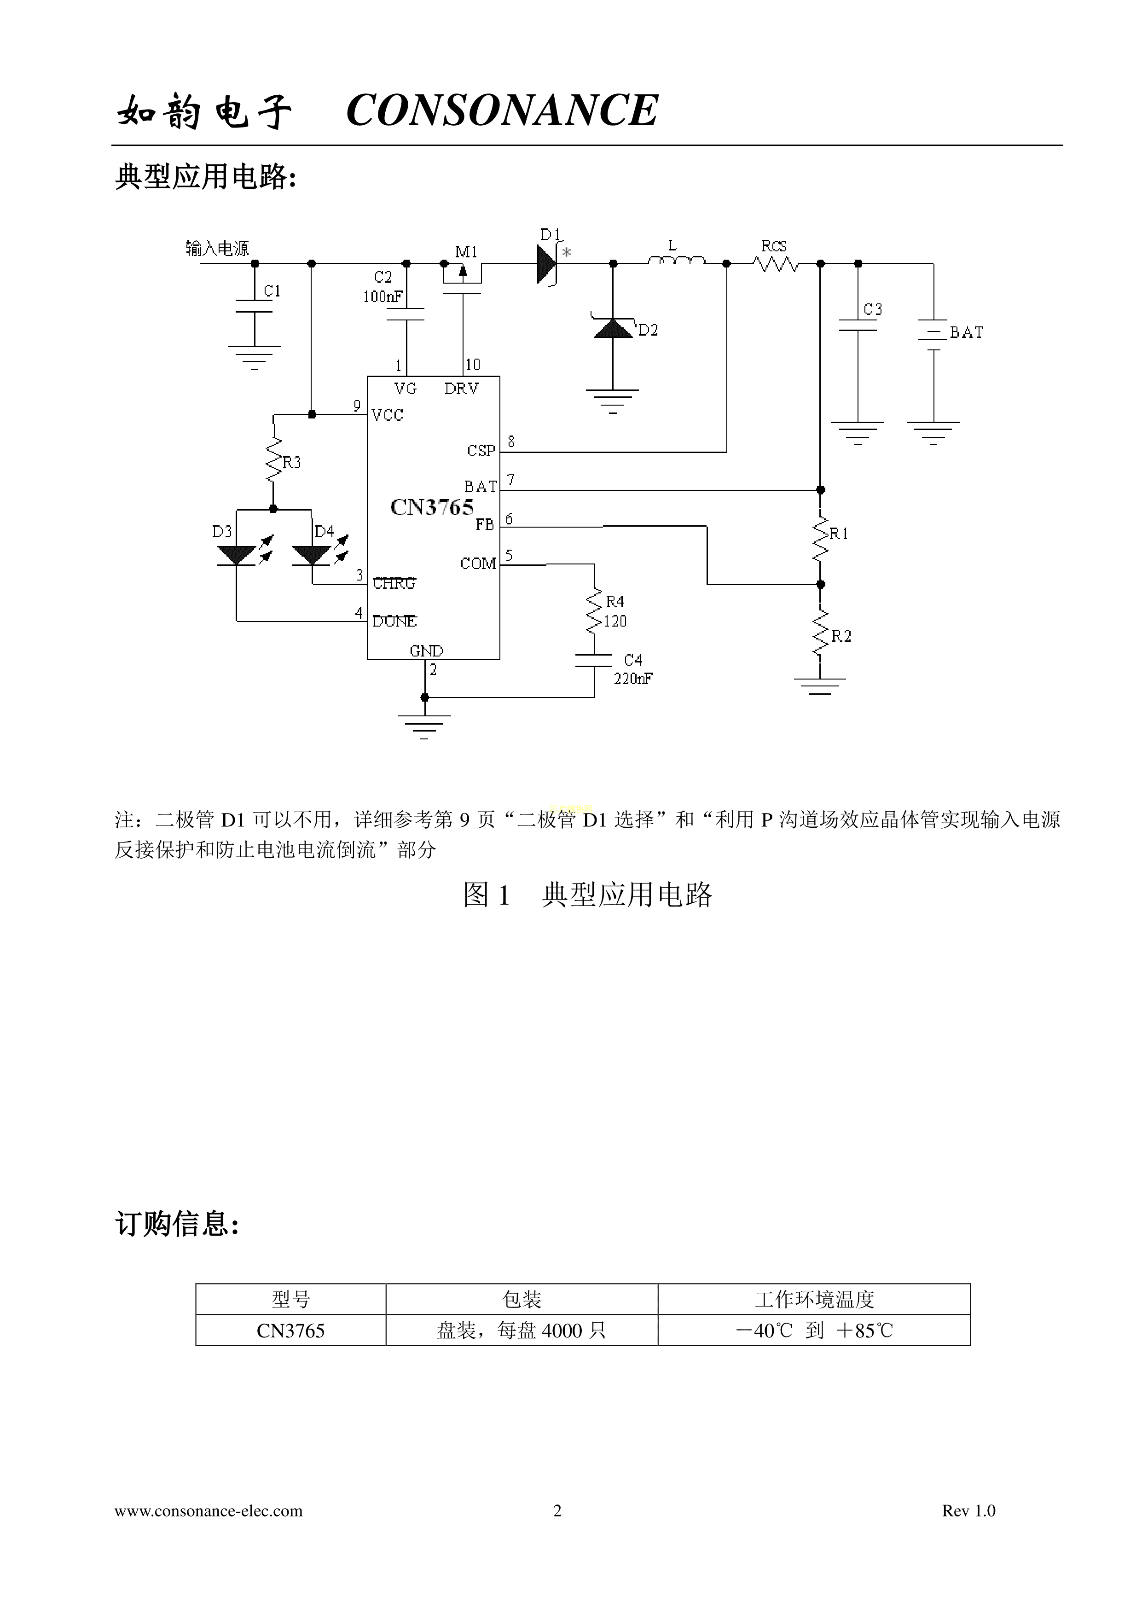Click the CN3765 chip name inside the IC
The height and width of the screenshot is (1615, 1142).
click(432, 507)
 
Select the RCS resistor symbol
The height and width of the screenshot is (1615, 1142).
click(775, 264)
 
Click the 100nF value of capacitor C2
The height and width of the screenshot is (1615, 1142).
click(383, 297)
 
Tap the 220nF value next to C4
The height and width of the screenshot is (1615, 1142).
click(633, 679)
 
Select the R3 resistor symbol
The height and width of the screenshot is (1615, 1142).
click(273, 461)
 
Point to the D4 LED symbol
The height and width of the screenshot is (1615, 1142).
click(312, 555)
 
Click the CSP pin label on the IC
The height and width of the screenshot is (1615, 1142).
click(481, 451)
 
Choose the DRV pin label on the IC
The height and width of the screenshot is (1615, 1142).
click(461, 388)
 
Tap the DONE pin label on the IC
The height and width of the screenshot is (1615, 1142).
click(394, 621)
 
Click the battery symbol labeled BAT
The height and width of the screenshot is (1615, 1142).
click(933, 335)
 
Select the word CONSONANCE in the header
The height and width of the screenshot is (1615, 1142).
click(502, 110)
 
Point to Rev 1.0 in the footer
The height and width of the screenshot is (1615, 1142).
click(968, 1510)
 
